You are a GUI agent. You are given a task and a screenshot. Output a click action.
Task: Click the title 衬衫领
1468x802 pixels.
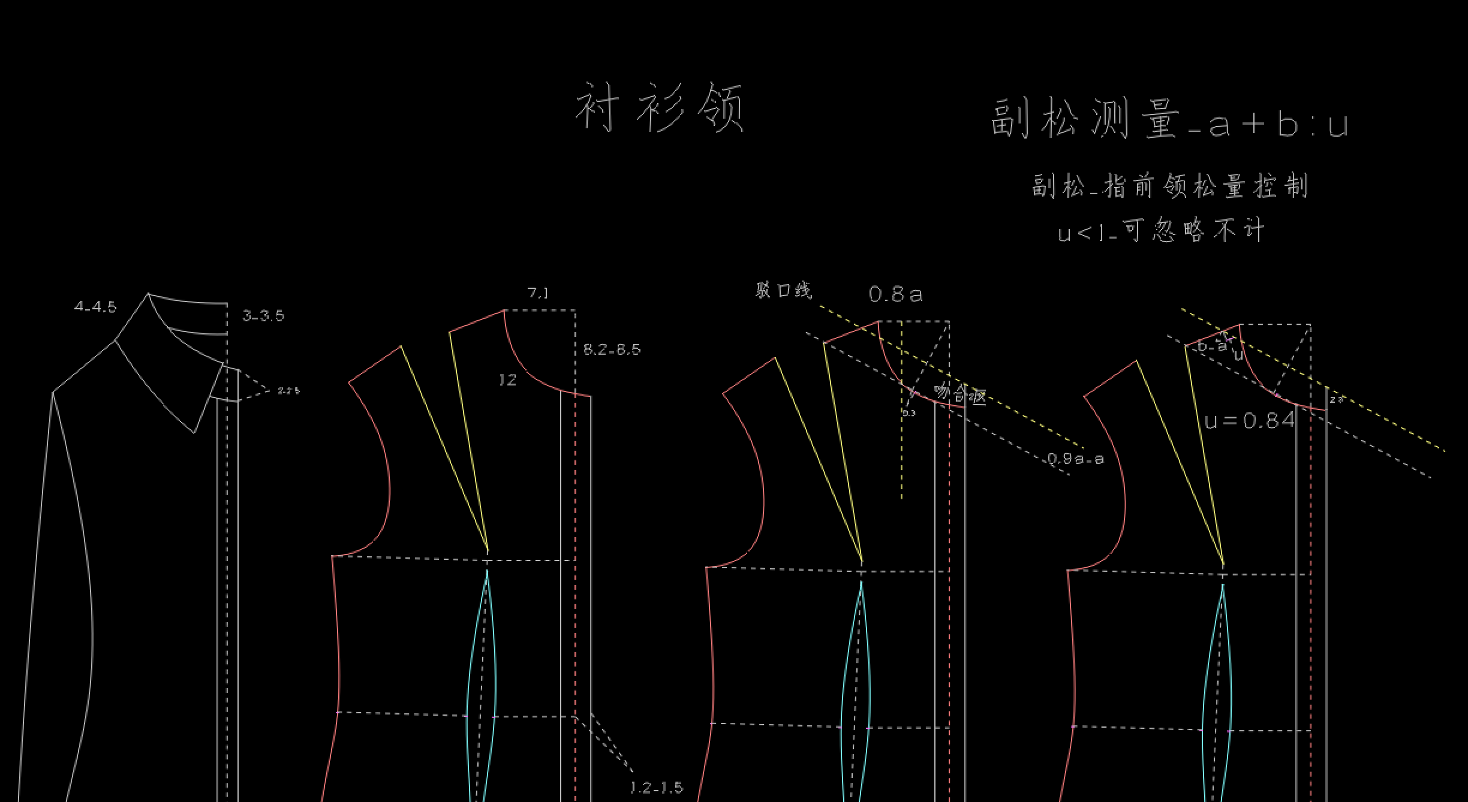pos(660,108)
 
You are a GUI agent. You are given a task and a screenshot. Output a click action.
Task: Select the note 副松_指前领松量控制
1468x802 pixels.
pos(1170,186)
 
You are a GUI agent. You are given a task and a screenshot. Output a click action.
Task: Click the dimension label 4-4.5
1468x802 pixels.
pos(95,307)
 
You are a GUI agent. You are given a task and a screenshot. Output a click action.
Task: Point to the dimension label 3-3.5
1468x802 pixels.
pos(263,316)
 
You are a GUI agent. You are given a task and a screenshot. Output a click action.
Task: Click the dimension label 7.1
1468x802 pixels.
pos(538,293)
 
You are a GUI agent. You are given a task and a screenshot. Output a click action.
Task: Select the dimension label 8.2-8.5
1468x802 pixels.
pos(612,349)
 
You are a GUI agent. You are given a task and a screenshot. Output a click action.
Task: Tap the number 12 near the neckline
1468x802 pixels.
pos(507,380)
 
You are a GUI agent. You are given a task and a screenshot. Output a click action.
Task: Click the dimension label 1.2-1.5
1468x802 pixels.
pos(657,788)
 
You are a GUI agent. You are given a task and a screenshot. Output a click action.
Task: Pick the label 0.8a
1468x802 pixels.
pos(895,294)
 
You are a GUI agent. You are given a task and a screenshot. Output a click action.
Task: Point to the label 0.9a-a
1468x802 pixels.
pos(1075,459)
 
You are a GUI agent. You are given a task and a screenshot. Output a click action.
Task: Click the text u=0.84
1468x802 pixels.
pos(1250,421)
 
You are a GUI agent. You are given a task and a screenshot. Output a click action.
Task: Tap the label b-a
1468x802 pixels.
pos(1212,347)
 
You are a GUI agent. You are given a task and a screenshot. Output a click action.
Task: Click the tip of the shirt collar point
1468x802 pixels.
pos(194,432)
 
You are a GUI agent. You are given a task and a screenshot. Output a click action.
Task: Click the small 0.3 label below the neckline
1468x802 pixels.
pos(909,413)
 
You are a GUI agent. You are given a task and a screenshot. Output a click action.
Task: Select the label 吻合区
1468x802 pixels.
pos(960,394)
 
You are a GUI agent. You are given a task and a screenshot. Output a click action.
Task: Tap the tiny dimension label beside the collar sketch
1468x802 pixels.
pos(288,391)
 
